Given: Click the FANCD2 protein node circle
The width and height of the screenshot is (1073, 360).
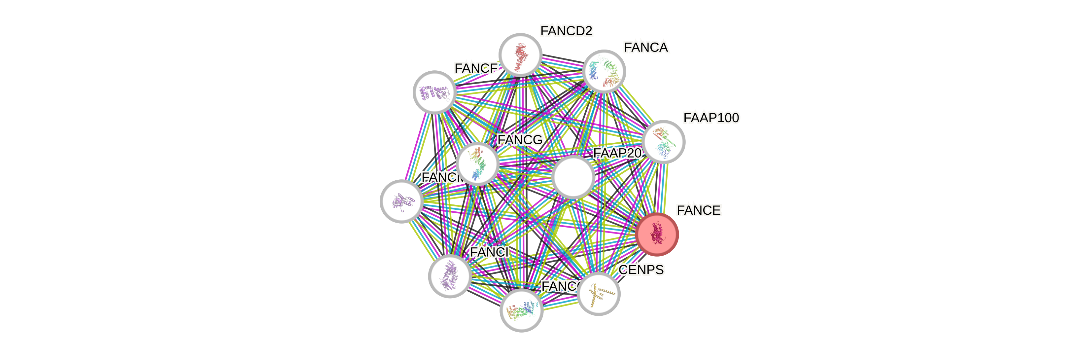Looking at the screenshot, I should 520,55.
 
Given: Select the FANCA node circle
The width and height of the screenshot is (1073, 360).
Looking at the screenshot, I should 605,71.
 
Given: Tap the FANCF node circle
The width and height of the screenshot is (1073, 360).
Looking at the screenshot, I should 434,92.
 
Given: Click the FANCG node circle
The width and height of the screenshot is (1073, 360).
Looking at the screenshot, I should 477,164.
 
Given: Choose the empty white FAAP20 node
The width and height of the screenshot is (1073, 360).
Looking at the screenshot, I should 573,177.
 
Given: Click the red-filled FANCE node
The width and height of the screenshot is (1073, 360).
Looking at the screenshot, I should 657,234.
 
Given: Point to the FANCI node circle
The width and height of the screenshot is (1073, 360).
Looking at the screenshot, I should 450,276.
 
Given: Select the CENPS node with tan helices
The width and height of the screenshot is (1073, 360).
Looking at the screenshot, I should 599,294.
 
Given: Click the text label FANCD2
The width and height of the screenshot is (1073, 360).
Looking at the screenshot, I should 566,31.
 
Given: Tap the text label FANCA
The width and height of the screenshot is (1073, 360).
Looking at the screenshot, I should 646,48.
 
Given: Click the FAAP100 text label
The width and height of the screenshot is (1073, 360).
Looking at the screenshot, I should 711,118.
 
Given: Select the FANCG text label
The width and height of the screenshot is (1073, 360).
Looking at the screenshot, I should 520,140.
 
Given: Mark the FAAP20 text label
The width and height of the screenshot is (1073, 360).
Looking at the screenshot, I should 617,153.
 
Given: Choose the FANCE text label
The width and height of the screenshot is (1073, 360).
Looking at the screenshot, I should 698,210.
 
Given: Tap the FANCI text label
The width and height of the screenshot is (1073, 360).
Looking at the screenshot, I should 489,252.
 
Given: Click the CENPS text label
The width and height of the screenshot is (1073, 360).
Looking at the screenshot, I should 641,270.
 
